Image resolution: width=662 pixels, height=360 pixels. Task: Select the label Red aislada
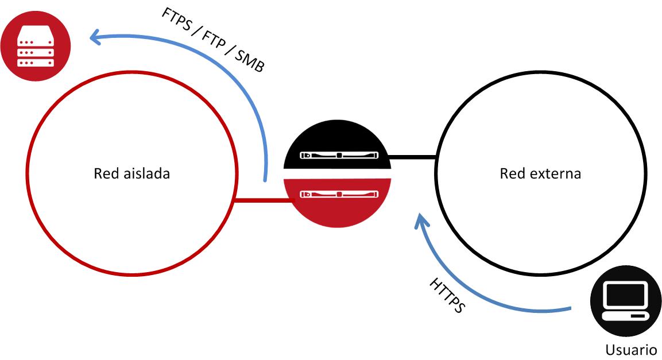pyautogui.click(x=131, y=173)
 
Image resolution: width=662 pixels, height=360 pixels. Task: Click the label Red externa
pyautogui.click(x=540, y=173)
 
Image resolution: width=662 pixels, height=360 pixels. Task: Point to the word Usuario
pyautogui.click(x=631, y=350)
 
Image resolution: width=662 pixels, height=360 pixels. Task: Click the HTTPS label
pyautogui.click(x=447, y=296)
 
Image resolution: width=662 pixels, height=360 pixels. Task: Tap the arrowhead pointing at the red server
pyautogui.click(x=95, y=38)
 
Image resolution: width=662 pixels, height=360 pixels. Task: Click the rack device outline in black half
pyautogui.click(x=340, y=156)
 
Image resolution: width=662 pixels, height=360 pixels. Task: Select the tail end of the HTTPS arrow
pyautogui.click(x=568, y=310)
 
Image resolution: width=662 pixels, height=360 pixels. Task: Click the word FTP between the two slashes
pyautogui.click(x=216, y=38)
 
